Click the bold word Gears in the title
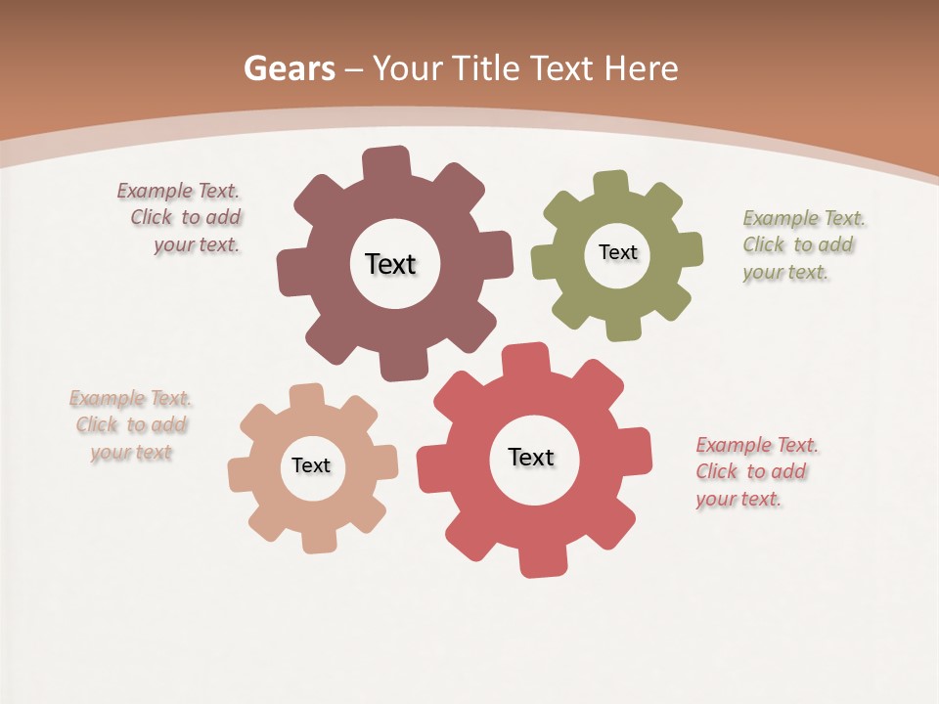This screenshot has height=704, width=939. [x=289, y=68]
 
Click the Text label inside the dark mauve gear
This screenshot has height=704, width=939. [x=390, y=264]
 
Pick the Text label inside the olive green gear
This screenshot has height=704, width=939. [x=617, y=252]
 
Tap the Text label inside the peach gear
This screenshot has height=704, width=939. [x=311, y=465]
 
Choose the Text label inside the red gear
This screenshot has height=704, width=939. [x=531, y=457]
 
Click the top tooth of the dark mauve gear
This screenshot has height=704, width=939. [x=386, y=161]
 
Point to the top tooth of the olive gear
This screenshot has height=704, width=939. [x=610, y=183]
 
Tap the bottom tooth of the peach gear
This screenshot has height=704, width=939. [x=318, y=541]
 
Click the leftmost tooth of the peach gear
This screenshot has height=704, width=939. [x=240, y=474]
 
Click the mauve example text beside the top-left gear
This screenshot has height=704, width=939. [x=180, y=218]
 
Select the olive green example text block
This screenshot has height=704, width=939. [x=800, y=244]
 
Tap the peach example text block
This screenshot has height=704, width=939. [x=130, y=425]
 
